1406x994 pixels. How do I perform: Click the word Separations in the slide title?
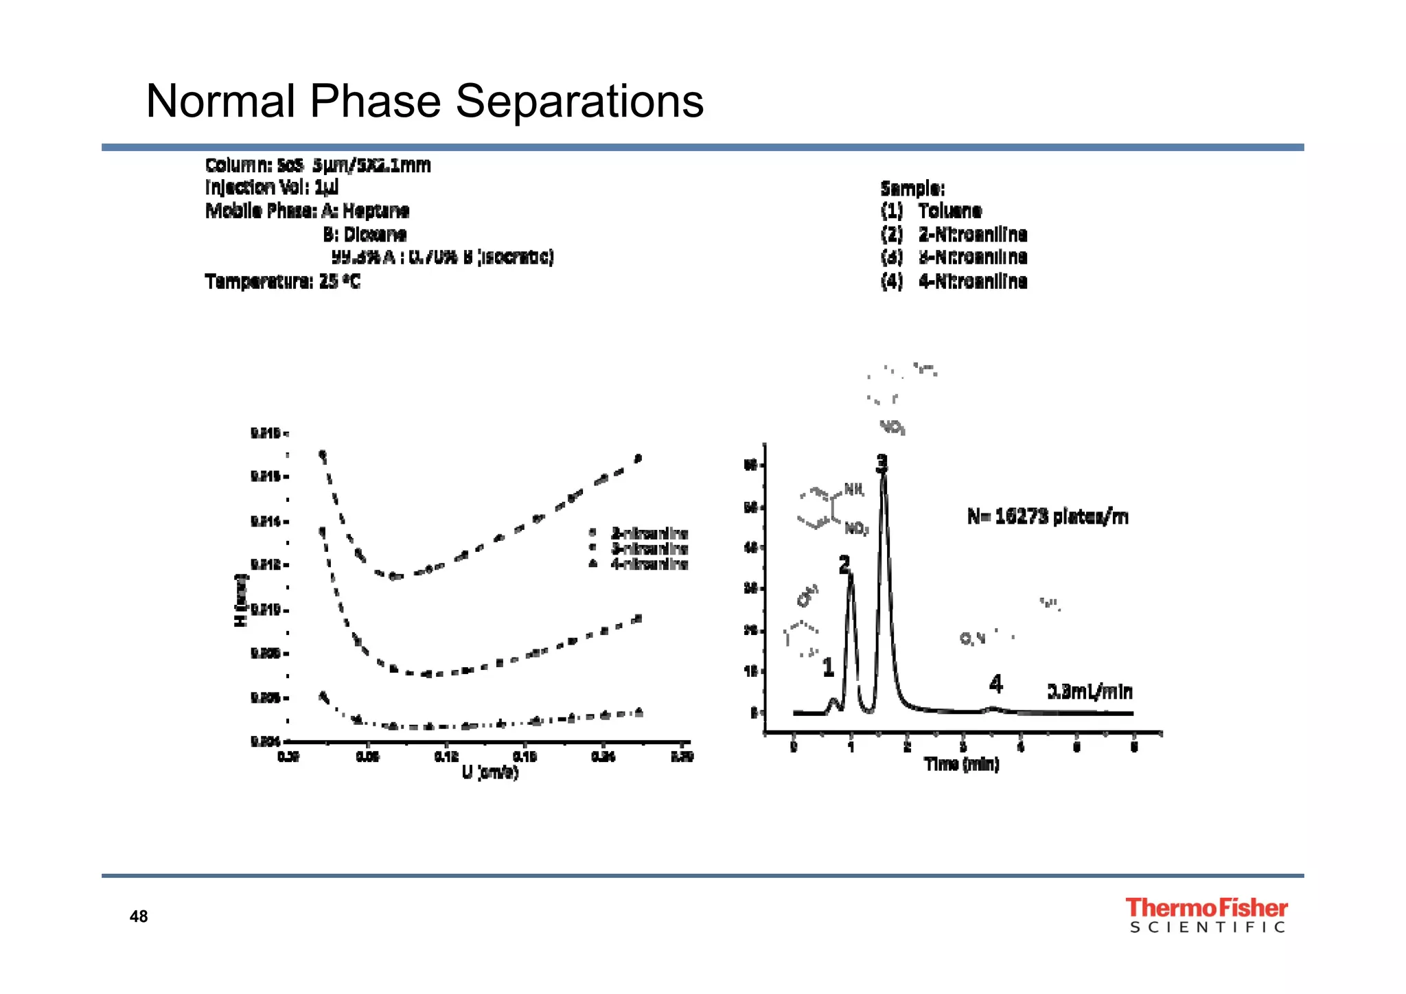(579, 102)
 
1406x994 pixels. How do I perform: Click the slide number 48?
(139, 916)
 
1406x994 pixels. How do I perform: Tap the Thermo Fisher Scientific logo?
(1207, 916)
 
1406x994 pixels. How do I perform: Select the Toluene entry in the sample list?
(950, 211)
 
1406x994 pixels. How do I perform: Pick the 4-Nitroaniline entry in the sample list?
(972, 281)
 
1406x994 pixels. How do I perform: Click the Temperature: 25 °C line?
(282, 281)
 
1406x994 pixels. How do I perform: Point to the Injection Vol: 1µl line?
(272, 187)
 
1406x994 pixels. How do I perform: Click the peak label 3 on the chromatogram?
(881, 463)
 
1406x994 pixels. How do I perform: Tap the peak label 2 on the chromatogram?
(844, 564)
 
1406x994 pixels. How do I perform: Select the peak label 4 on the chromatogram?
(995, 684)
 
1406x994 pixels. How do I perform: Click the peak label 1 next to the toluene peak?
(828, 667)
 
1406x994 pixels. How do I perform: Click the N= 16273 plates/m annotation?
(1048, 516)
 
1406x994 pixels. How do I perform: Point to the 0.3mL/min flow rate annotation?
(1090, 691)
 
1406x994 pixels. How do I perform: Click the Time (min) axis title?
(961, 764)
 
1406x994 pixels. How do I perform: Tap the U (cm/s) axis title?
(490, 773)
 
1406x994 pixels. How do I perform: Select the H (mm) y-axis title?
(240, 600)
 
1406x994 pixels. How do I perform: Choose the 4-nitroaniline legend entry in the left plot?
(649, 564)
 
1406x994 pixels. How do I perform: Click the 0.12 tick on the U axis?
(446, 756)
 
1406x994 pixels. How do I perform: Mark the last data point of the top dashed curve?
(638, 459)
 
